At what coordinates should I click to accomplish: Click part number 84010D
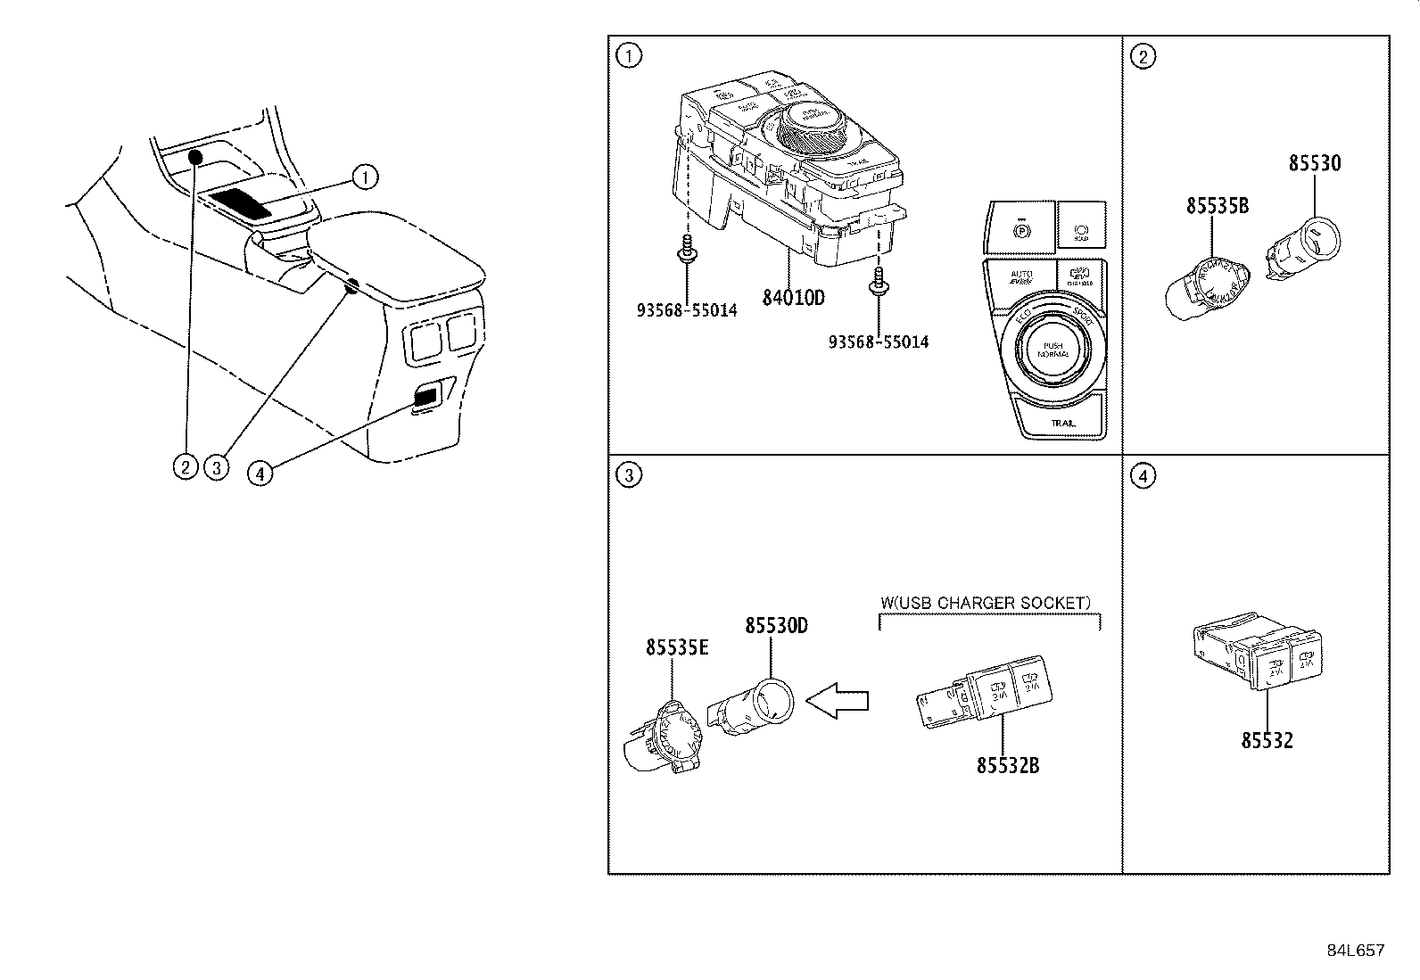coord(793,297)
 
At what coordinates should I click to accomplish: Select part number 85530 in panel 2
coord(1314,164)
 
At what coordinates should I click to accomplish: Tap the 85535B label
coord(1217,206)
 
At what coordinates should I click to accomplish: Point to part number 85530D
coord(776,626)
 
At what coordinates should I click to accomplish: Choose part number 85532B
coord(1007,764)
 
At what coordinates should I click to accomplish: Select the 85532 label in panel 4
coord(1267,740)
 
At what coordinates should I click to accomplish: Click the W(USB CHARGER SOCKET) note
coord(986,603)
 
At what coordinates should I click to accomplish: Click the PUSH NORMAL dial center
coord(1046,350)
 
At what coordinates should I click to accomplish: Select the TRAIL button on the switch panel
coord(1062,423)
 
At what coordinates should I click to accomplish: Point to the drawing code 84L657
coord(1355,951)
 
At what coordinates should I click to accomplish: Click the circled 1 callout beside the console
coord(365,177)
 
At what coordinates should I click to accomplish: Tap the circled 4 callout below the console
coord(260,474)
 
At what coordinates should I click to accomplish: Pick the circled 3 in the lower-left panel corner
coord(629,475)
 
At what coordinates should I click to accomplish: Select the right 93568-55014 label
coord(879,342)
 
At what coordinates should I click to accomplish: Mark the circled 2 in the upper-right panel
coord(1143,56)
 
